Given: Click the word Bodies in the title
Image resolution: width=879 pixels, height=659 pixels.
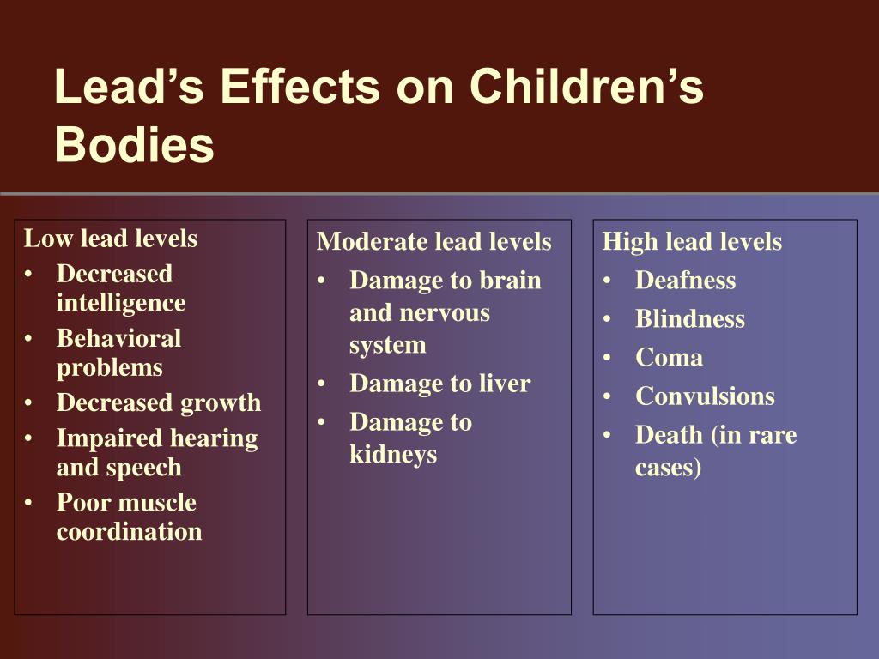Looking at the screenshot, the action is [135, 144].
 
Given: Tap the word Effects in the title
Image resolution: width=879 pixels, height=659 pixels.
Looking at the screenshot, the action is [300, 87].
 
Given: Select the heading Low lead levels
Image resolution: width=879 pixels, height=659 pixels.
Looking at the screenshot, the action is [111, 239].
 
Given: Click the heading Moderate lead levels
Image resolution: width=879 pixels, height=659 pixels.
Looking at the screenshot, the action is [434, 241].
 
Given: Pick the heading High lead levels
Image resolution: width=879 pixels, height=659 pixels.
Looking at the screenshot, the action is [693, 241].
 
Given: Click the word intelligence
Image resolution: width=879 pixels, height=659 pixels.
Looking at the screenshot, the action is [121, 303].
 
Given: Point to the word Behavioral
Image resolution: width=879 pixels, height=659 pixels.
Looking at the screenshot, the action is [118, 338].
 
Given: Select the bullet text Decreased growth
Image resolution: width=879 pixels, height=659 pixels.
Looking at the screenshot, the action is [159, 403].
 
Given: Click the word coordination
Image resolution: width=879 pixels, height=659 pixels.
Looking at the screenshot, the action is [130, 531].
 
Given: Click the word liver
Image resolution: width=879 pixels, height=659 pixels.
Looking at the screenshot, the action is [505, 384].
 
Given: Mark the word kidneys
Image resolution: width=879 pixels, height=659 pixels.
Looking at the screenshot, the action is [393, 455].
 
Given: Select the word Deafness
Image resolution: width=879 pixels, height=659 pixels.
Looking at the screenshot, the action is [686, 281].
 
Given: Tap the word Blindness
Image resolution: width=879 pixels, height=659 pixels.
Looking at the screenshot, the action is [690, 319].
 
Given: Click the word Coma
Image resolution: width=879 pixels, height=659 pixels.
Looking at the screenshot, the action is [670, 358].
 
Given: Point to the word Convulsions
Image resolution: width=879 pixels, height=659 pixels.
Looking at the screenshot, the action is [706, 396].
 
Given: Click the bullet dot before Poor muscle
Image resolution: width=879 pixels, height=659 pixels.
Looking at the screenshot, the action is [28, 503].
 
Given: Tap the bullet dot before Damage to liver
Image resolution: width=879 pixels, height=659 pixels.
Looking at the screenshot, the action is [321, 384].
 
